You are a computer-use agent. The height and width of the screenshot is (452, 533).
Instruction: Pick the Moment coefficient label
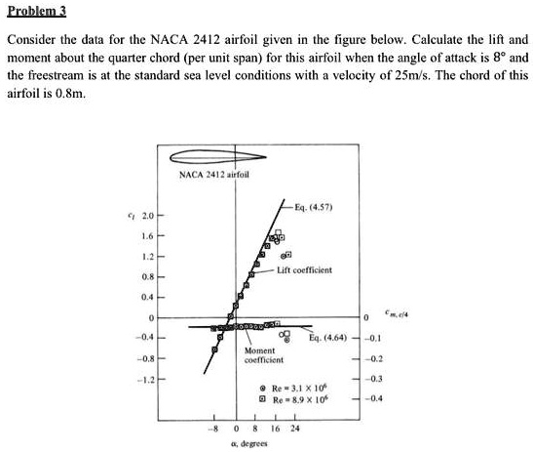click(260, 353)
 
